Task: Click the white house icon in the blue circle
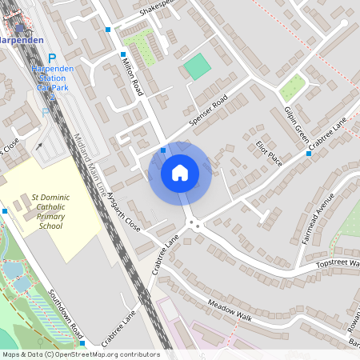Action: (x=180, y=172)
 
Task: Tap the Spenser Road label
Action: (x=209, y=109)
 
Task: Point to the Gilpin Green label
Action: (x=296, y=126)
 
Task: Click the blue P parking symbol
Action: (x=53, y=58)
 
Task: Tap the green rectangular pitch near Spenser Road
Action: (x=195, y=66)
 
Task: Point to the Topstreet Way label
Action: (x=337, y=263)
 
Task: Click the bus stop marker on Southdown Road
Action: (x=82, y=342)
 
